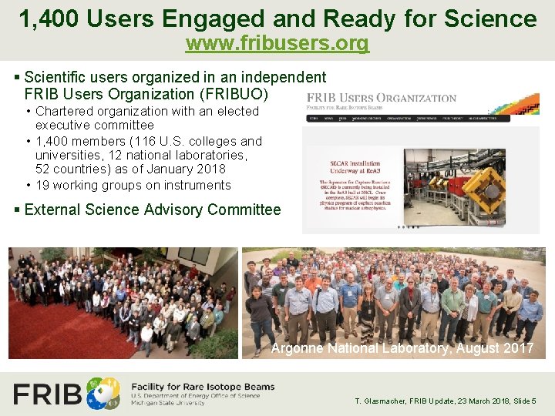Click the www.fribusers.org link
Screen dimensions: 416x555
(277, 44)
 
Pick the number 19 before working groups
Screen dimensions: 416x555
(43, 185)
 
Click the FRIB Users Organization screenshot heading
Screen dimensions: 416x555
(382, 98)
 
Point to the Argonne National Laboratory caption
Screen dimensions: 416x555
(402, 348)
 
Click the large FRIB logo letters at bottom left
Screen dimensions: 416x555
(48, 394)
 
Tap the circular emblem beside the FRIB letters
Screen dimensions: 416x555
(103, 393)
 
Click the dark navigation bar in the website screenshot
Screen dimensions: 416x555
(408, 118)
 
